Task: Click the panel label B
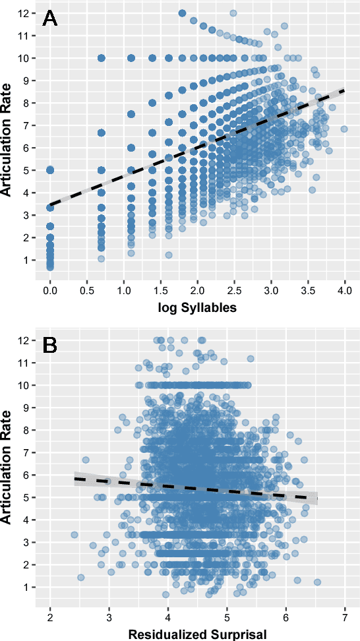point(50,345)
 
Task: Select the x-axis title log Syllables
point(197,308)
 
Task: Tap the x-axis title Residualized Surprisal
point(197,634)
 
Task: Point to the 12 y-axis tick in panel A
point(22,13)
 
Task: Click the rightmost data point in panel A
point(344,129)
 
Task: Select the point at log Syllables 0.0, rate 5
point(50,170)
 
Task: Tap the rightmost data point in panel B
point(317,582)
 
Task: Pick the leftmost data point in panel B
point(75,534)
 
